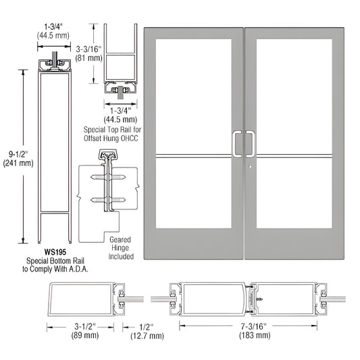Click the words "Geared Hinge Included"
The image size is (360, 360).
(121, 248)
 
